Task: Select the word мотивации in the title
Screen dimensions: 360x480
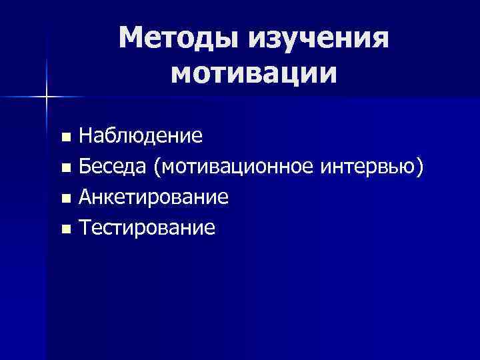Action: [x=253, y=73]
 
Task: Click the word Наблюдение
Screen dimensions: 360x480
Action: [x=141, y=137]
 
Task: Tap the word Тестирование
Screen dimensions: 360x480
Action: [x=147, y=229]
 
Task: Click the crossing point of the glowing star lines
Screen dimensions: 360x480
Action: [x=47, y=97]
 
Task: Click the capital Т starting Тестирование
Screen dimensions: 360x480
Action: [x=85, y=229]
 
